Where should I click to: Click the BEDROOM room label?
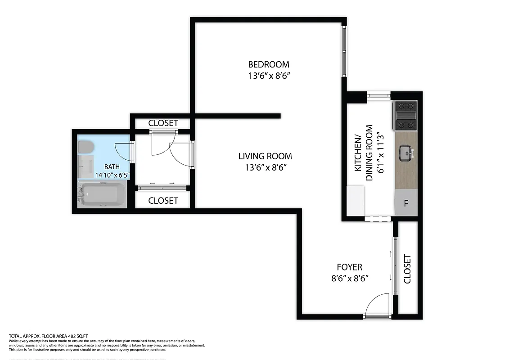tap(269, 64)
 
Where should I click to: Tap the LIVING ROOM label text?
tap(265, 156)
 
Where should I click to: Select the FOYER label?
tap(349, 267)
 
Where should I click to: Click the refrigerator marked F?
tap(406, 203)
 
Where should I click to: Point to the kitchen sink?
tap(406, 153)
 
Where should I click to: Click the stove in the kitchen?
tap(405, 116)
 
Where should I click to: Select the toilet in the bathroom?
tap(85, 147)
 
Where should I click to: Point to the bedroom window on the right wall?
tap(344, 51)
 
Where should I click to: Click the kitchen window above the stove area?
tap(378, 95)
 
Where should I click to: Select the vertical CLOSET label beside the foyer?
tap(408, 269)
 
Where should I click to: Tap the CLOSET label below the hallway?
tap(163, 201)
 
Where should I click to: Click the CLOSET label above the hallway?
tap(163, 123)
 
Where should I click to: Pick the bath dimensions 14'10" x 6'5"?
tap(113, 175)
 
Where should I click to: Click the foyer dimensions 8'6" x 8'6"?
tap(350, 279)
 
